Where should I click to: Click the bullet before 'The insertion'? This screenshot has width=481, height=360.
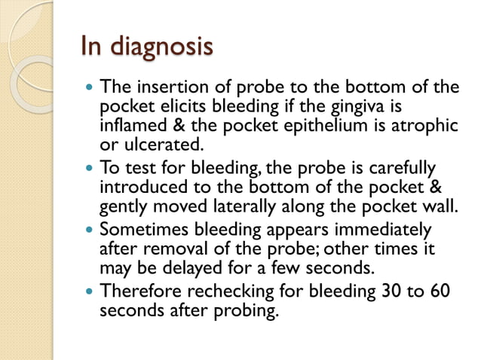[89, 87]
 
